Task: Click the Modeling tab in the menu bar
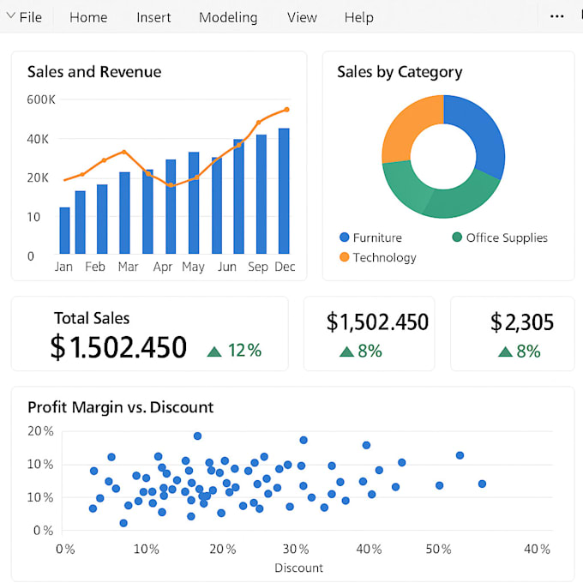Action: (228, 17)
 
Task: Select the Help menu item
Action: (359, 17)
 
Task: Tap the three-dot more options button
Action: (557, 17)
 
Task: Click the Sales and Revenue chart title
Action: (94, 72)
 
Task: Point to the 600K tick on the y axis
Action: (41, 99)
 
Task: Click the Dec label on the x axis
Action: (285, 267)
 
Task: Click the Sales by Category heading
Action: (400, 72)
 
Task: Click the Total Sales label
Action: (92, 318)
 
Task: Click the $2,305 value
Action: (522, 322)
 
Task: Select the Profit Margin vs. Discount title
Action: (121, 407)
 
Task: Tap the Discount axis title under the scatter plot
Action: (299, 568)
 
